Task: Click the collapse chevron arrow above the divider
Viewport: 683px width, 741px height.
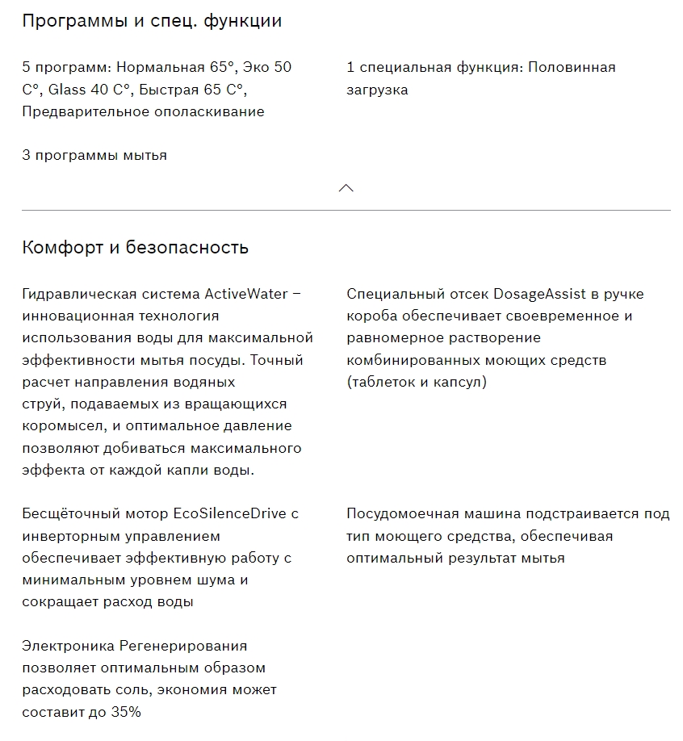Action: [x=346, y=188]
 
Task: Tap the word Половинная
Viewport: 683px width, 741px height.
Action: [x=572, y=67]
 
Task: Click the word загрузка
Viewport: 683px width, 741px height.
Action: [x=377, y=90]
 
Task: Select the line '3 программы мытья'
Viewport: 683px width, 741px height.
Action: [x=94, y=155]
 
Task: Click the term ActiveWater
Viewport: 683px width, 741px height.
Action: [x=245, y=293]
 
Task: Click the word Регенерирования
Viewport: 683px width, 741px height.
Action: [x=182, y=646]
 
